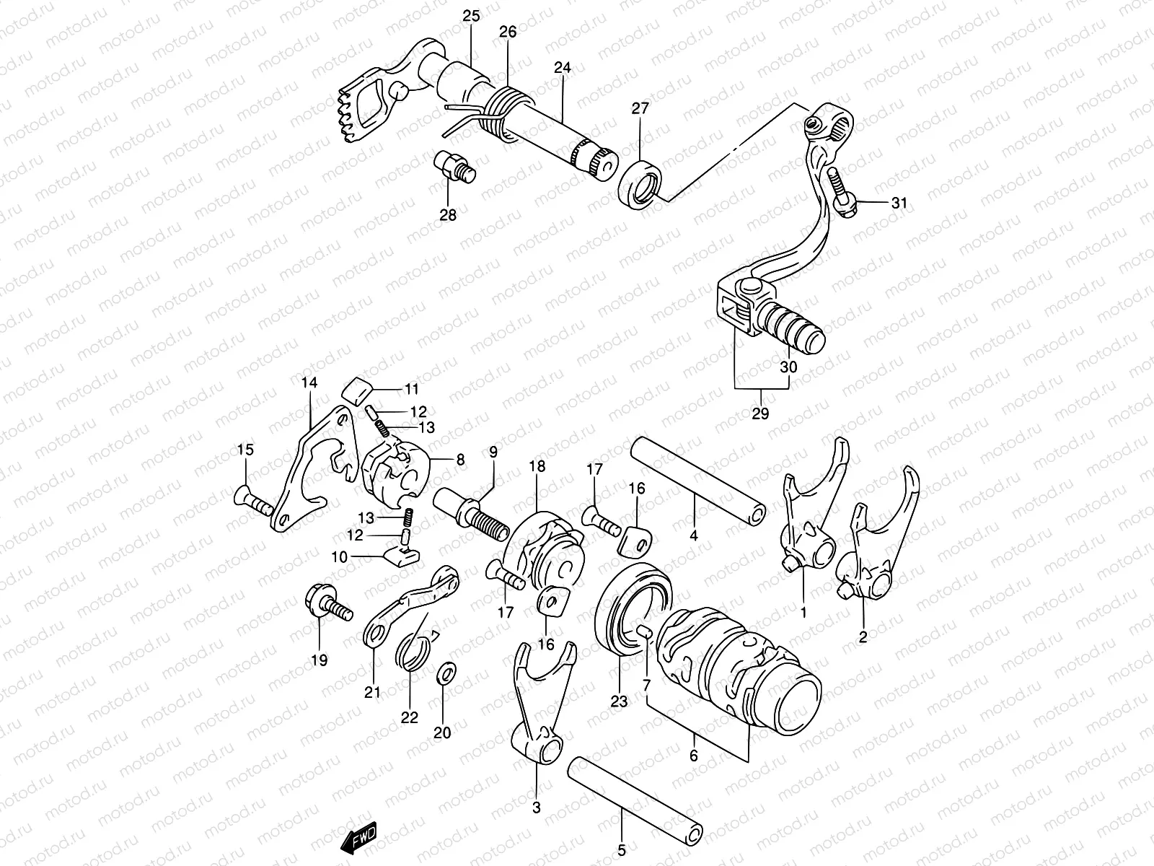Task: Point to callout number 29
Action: [760, 414]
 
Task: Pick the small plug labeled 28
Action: [452, 165]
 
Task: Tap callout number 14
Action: [309, 383]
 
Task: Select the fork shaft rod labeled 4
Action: [696, 480]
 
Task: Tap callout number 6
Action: [693, 756]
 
